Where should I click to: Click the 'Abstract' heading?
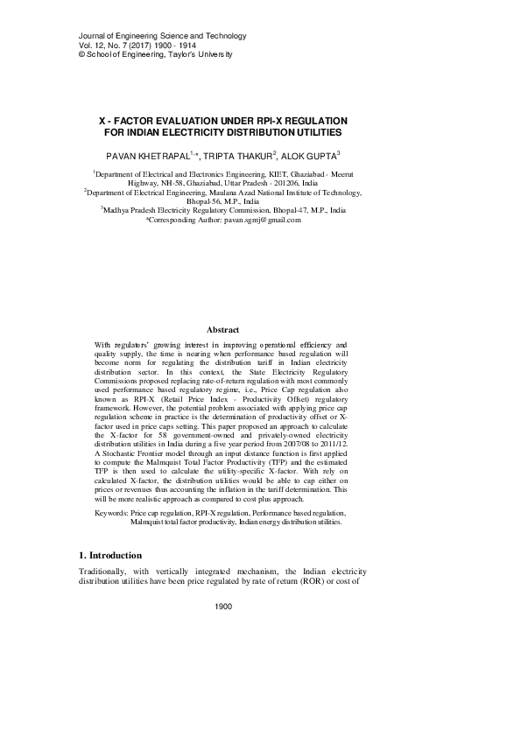point(223,329)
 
